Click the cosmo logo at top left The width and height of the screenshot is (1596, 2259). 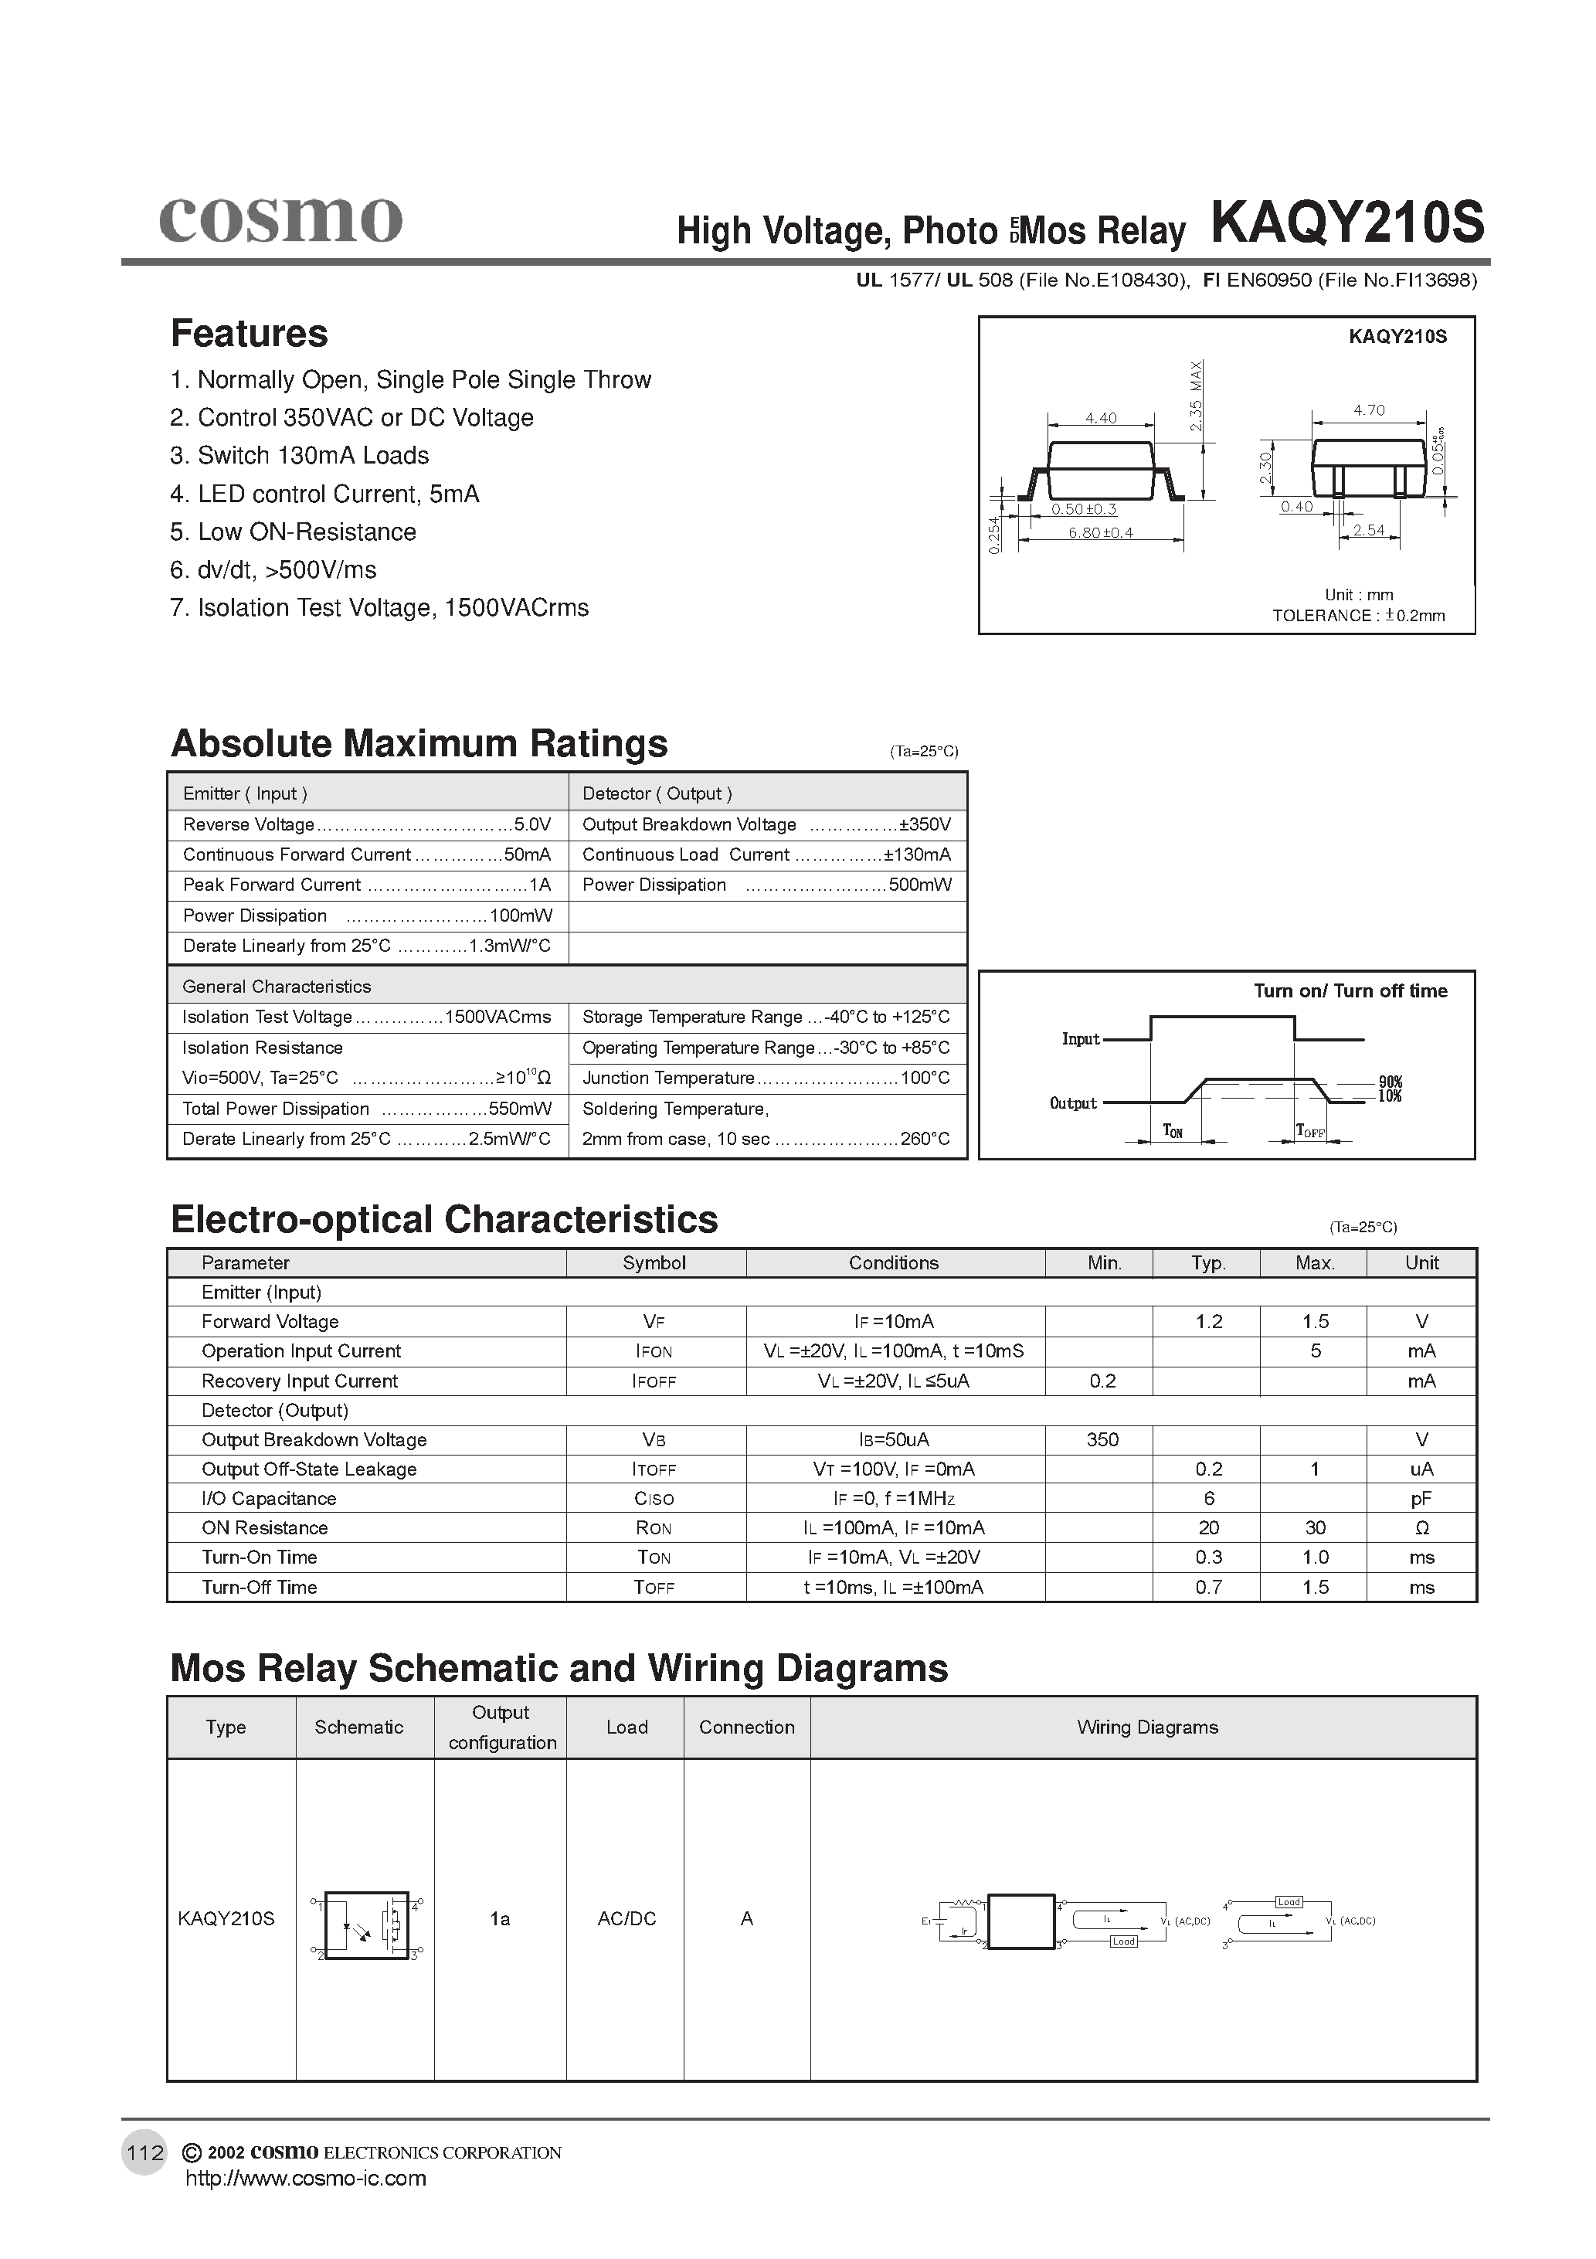click(x=280, y=219)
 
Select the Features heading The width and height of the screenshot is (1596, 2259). click(x=249, y=334)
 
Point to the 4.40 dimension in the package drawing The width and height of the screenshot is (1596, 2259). click(x=1100, y=418)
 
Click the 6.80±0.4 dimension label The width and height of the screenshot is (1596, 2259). click(x=1100, y=532)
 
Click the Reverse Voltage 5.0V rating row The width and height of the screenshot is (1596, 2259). click(x=366, y=824)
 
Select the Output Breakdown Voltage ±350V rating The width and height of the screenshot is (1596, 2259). click(x=766, y=824)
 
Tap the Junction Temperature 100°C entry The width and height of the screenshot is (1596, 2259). click(x=766, y=1079)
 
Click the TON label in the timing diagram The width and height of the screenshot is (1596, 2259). click(x=1173, y=1132)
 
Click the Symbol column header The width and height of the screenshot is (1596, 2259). click(x=654, y=1263)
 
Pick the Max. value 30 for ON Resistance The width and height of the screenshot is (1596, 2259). click(x=1315, y=1528)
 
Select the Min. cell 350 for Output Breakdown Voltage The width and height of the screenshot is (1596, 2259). click(x=1102, y=1439)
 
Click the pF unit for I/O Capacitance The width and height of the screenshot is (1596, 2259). click(x=1421, y=1499)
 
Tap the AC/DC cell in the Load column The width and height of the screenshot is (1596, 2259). click(x=626, y=1918)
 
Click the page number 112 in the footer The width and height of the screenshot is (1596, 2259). click(x=144, y=2152)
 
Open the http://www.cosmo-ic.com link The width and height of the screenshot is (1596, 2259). click(x=306, y=2179)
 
